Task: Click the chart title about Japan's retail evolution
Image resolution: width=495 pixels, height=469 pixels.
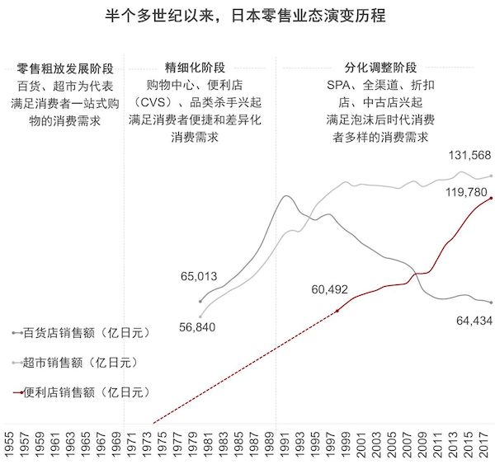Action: pyautogui.click(x=247, y=16)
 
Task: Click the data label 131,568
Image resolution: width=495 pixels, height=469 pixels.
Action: pyautogui.click(x=469, y=156)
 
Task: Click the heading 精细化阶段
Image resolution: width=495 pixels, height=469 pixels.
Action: pyautogui.click(x=195, y=68)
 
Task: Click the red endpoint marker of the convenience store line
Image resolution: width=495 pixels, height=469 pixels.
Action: pyautogui.click(x=492, y=198)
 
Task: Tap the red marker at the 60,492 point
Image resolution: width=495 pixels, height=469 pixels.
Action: pyautogui.click(x=339, y=310)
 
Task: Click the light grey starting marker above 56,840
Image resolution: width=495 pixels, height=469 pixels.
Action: pyautogui.click(x=200, y=316)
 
